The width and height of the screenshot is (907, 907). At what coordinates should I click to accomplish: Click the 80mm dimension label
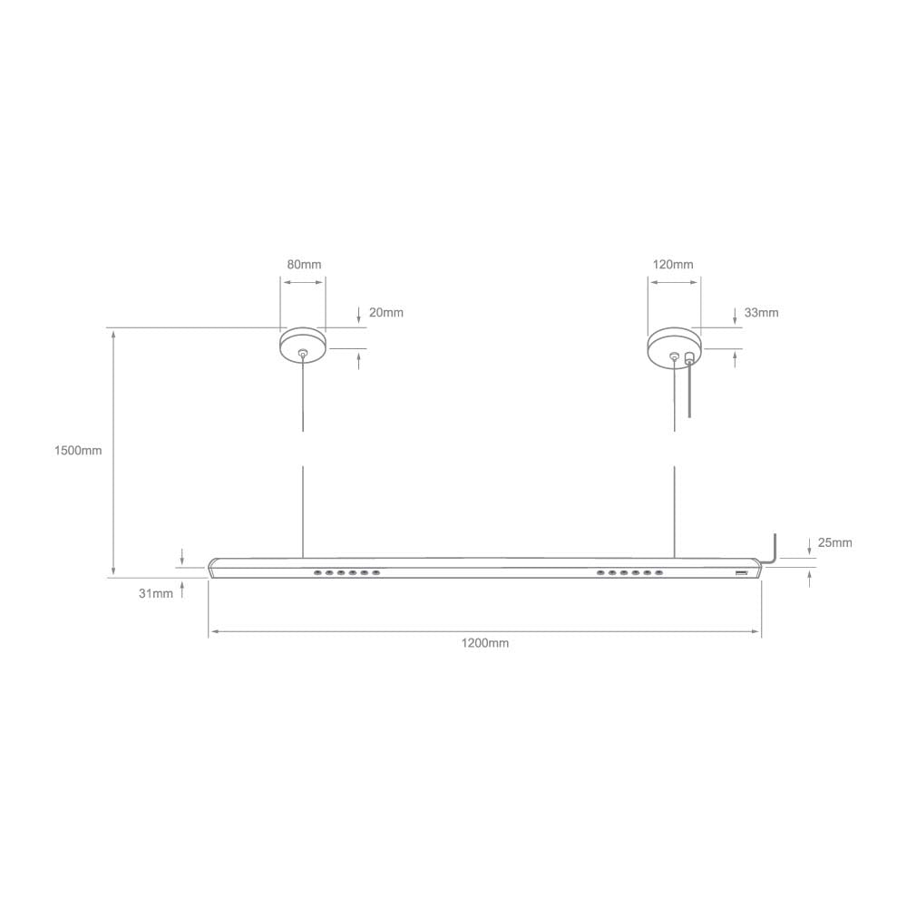point(304,265)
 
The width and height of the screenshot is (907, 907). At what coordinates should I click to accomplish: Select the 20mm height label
point(385,313)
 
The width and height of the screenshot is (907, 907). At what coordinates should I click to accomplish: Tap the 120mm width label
point(673,265)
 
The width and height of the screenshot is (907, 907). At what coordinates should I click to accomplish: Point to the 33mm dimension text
point(761,313)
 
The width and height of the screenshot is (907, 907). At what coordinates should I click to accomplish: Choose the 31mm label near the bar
point(156,594)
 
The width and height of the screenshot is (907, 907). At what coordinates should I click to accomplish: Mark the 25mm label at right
point(834,543)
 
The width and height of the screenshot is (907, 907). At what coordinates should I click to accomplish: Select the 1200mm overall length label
point(485,643)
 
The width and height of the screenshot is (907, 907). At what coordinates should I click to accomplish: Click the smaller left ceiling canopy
point(302,345)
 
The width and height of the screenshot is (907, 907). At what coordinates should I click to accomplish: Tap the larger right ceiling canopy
point(673,346)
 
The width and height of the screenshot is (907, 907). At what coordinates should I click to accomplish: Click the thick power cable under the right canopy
point(690,390)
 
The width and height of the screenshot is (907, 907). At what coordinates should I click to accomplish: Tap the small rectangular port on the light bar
point(740,574)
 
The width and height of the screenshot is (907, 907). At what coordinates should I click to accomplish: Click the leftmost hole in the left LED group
point(317,573)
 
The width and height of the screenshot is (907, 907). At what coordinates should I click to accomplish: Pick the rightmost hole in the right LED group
point(658,573)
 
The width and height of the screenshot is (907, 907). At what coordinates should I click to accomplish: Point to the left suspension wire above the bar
point(302,508)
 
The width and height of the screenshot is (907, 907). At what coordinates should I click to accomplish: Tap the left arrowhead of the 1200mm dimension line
point(212,631)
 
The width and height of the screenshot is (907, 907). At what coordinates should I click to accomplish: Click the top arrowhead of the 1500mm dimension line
point(113,334)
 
